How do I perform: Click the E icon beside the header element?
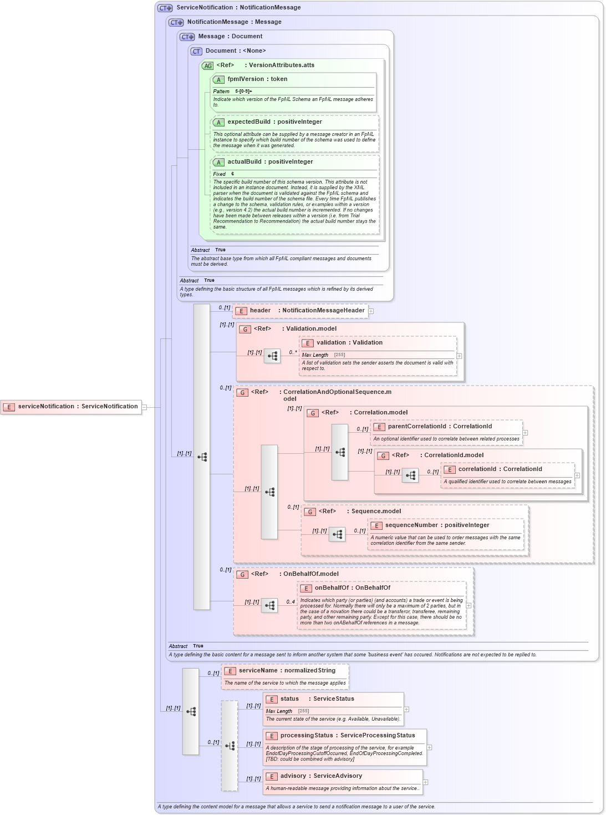(x=241, y=311)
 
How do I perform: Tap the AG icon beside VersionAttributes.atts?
(x=207, y=65)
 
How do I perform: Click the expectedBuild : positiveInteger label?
(x=274, y=122)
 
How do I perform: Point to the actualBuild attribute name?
(x=244, y=162)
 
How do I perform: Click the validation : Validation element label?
(x=349, y=343)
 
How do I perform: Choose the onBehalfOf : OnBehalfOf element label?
(x=352, y=588)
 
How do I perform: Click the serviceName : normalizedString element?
(x=287, y=671)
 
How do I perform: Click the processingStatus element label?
(x=307, y=736)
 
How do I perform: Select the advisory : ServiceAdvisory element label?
(x=321, y=776)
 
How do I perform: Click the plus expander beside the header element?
(x=371, y=311)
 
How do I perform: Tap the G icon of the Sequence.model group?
(x=310, y=512)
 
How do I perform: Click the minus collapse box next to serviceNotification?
(x=144, y=407)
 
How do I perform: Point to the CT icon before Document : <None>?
(x=196, y=51)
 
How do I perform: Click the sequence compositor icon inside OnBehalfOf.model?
(x=269, y=605)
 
